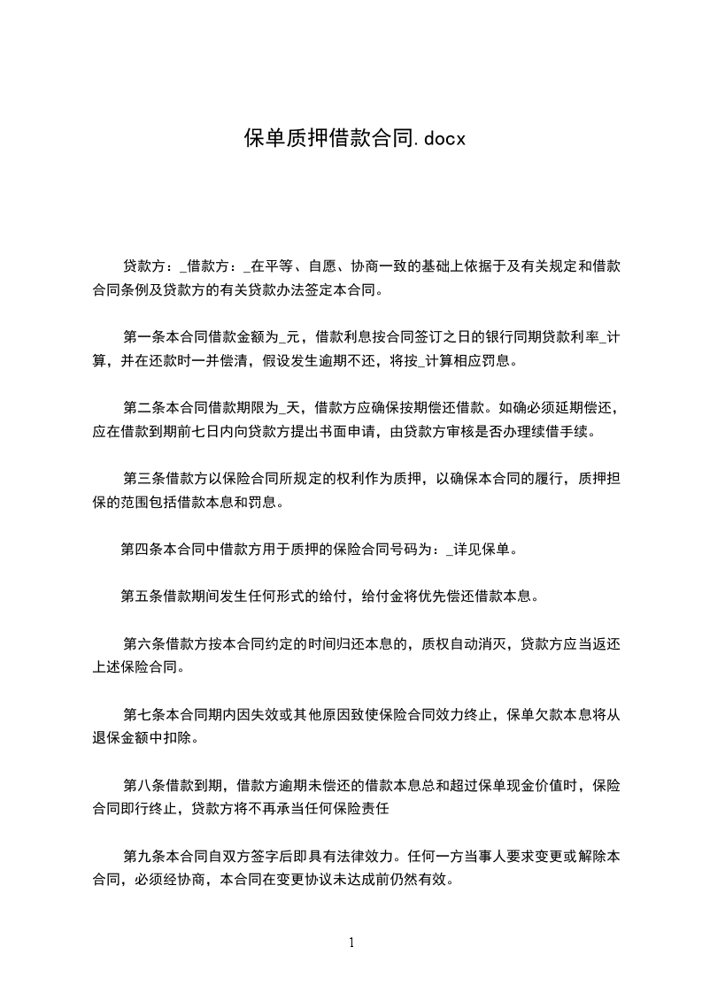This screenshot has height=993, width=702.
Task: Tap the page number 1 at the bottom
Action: click(x=351, y=942)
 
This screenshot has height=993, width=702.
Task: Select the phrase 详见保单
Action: click(x=482, y=550)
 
